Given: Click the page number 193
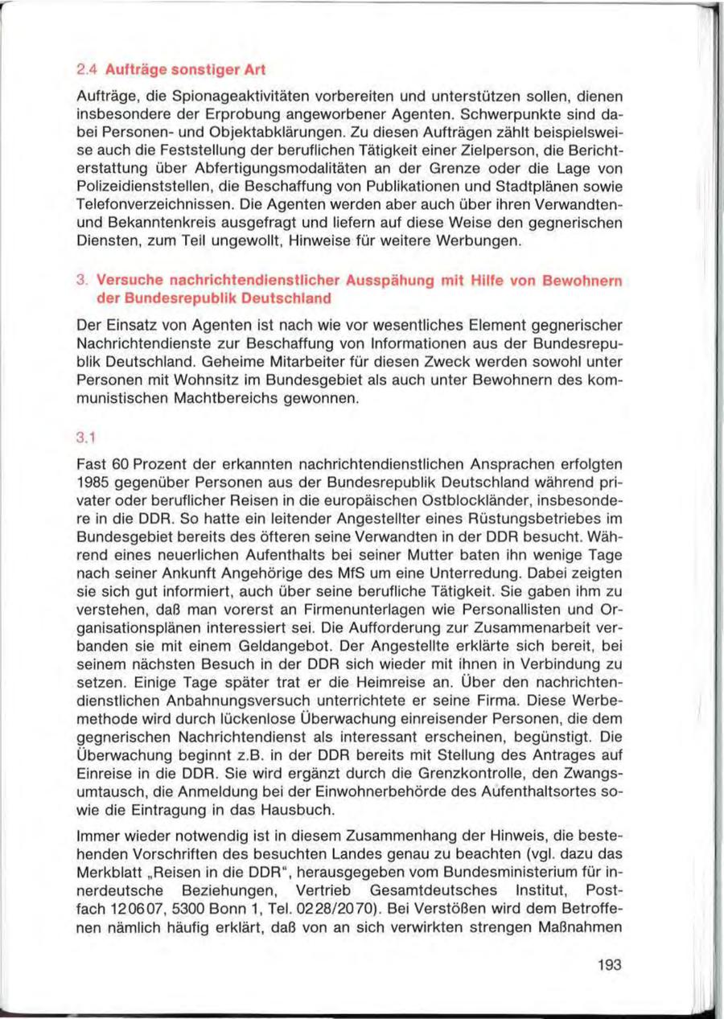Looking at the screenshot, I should pos(611,966).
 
